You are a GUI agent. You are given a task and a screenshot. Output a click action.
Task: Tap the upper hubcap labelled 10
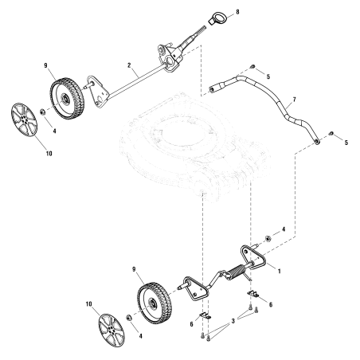point(28,119)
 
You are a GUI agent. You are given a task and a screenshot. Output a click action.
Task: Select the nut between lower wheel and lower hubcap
point(127,318)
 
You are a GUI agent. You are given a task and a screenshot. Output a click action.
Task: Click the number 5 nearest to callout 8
point(268,77)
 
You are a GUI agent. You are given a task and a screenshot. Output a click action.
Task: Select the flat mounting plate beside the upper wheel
point(98,90)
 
